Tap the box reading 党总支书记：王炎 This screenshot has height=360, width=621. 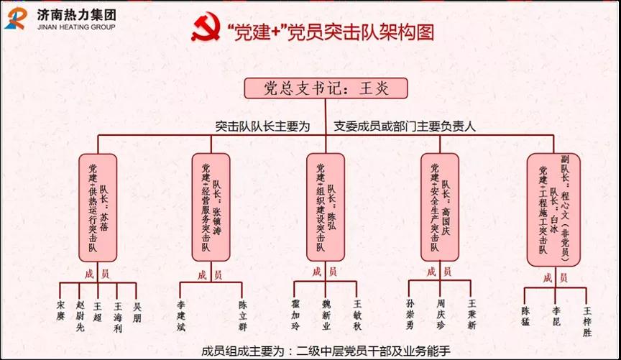[326, 88]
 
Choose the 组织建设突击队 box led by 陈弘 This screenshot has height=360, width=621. [326, 206]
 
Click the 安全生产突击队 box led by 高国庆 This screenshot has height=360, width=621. [439, 206]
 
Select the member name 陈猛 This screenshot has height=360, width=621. [525, 313]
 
